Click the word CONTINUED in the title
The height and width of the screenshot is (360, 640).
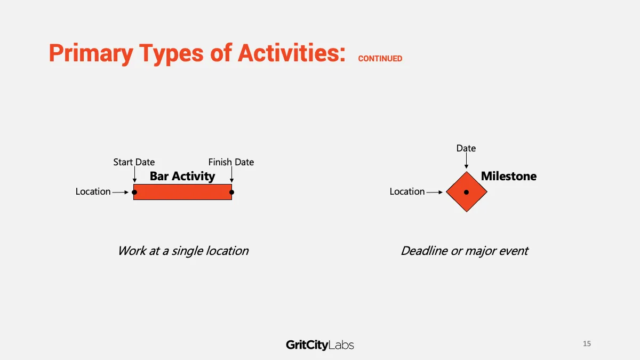pos(380,59)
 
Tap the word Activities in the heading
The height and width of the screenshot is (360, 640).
pos(292,53)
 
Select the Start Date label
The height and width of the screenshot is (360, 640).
pos(134,162)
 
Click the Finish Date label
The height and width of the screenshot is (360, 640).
pos(231,162)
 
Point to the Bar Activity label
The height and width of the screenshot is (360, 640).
pos(182,177)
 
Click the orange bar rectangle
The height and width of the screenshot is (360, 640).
pos(182,192)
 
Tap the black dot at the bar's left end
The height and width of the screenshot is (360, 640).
pos(134,193)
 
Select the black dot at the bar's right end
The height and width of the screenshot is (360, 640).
pos(231,193)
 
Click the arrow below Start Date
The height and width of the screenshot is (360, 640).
pos(134,174)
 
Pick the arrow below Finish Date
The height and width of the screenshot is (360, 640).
pos(231,174)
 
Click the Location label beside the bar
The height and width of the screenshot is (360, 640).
pos(93,191)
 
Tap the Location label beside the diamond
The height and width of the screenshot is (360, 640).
pos(407,191)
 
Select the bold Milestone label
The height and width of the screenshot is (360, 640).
pos(509,176)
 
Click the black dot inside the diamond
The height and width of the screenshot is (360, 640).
pos(466,193)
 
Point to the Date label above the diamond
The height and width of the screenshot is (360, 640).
pos(466,148)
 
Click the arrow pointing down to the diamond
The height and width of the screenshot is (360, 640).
pos(466,161)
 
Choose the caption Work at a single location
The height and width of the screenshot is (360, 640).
pos(183,251)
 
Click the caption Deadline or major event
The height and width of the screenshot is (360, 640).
pos(465,251)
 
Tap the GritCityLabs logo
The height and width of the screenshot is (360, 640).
pos(320,345)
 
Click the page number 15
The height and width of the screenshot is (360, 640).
pos(587,343)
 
